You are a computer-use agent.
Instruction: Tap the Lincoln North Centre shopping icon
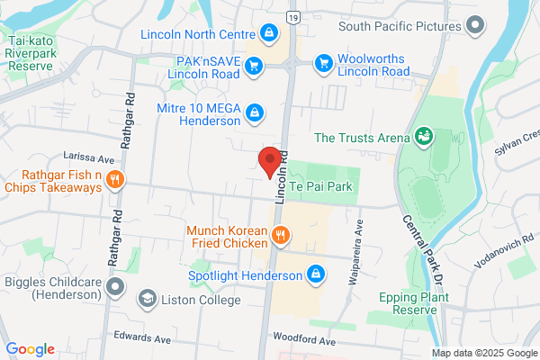click(268, 34)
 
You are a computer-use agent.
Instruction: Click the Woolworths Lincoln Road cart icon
click(322, 63)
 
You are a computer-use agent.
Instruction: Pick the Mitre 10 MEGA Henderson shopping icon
click(255, 112)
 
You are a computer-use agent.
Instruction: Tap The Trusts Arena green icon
click(423, 137)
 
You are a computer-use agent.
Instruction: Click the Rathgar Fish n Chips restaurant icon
click(114, 179)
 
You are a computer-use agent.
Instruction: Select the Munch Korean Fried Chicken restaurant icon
click(282, 238)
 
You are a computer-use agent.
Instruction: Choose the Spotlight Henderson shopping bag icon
click(315, 273)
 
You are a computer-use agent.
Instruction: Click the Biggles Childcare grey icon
click(114, 287)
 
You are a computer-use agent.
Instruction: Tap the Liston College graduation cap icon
click(146, 297)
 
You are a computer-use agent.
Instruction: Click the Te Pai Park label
click(319, 186)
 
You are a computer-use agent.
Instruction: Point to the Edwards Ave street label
click(142, 339)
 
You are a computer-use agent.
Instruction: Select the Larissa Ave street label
click(83, 156)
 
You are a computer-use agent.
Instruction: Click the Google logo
click(31, 349)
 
